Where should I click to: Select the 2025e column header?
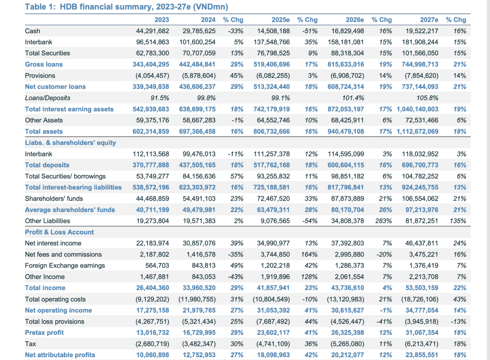click(280, 20)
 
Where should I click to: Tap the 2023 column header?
click(162, 20)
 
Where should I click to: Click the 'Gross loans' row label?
click(44, 64)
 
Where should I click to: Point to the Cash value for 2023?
click(152, 31)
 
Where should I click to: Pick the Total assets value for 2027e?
click(417, 131)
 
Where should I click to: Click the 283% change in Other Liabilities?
click(384, 221)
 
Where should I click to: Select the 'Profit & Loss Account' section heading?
click(59, 232)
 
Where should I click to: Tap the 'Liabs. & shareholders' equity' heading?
click(70, 142)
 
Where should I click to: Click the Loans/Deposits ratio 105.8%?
click(427, 98)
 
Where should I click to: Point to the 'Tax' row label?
click(30, 344)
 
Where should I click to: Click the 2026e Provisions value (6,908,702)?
click(347, 76)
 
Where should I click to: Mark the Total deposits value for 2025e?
click(271, 165)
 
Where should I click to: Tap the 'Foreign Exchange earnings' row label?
click(65, 266)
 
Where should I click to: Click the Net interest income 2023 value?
click(152, 243)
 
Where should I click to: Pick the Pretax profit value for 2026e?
click(347, 333)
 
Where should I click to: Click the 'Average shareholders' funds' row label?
click(70, 210)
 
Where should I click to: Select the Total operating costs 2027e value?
click(420, 299)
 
